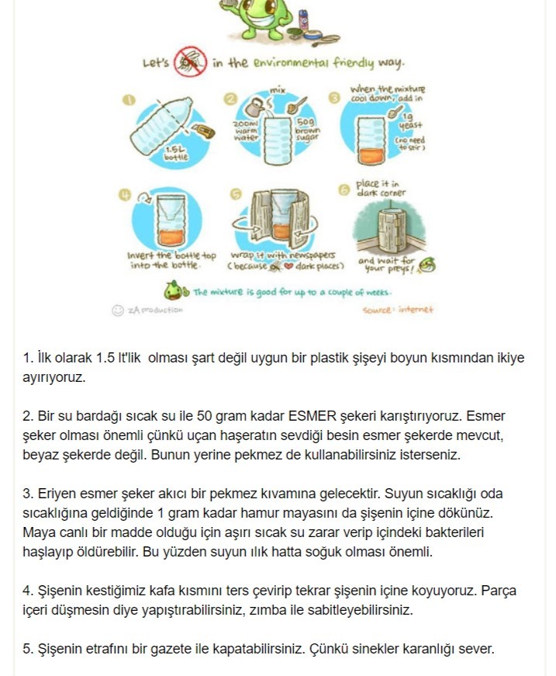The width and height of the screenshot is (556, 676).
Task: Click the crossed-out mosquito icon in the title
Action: click(190, 62)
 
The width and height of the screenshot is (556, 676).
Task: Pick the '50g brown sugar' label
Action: click(304, 130)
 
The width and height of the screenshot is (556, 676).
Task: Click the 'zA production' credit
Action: click(154, 310)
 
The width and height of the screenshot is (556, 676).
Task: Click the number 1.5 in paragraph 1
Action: click(105, 358)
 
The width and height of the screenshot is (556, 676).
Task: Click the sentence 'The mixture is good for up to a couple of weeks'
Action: click(292, 293)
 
